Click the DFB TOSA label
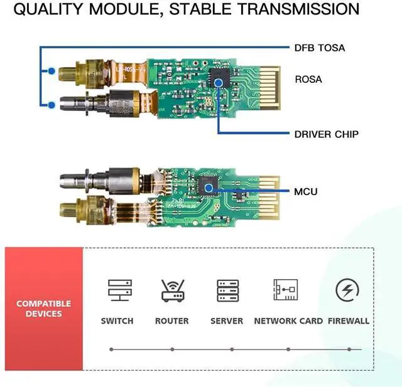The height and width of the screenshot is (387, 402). (319, 48)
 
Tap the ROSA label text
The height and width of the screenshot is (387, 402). (308, 80)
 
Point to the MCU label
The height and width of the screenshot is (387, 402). (306, 191)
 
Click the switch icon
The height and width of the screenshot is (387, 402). (117, 291)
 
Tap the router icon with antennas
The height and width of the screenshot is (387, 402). (171, 291)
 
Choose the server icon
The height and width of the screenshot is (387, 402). (227, 291)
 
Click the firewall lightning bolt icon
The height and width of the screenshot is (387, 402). (347, 291)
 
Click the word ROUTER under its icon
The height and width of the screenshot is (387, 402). (171, 321)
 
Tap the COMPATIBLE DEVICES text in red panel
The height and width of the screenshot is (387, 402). (44, 309)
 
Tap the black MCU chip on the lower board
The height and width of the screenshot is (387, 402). (207, 185)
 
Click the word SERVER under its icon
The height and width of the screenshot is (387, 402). (227, 321)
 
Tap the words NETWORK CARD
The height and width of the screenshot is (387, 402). (288, 321)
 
